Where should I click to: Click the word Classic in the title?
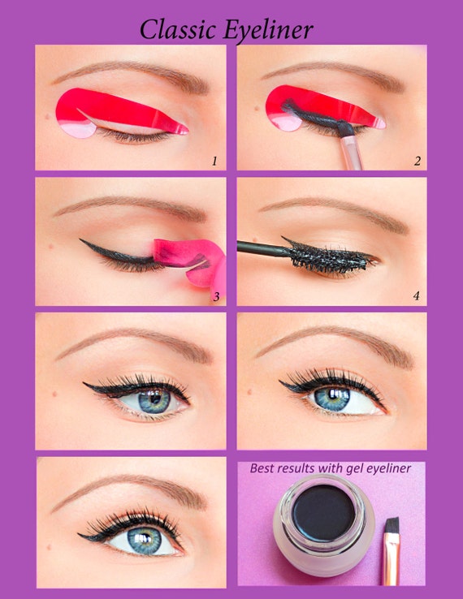(x=174, y=29)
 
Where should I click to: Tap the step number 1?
(x=214, y=161)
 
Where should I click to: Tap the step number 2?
(x=417, y=161)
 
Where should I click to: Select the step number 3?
(x=216, y=296)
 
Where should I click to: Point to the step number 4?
(x=416, y=295)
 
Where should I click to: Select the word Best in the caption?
(x=263, y=468)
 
